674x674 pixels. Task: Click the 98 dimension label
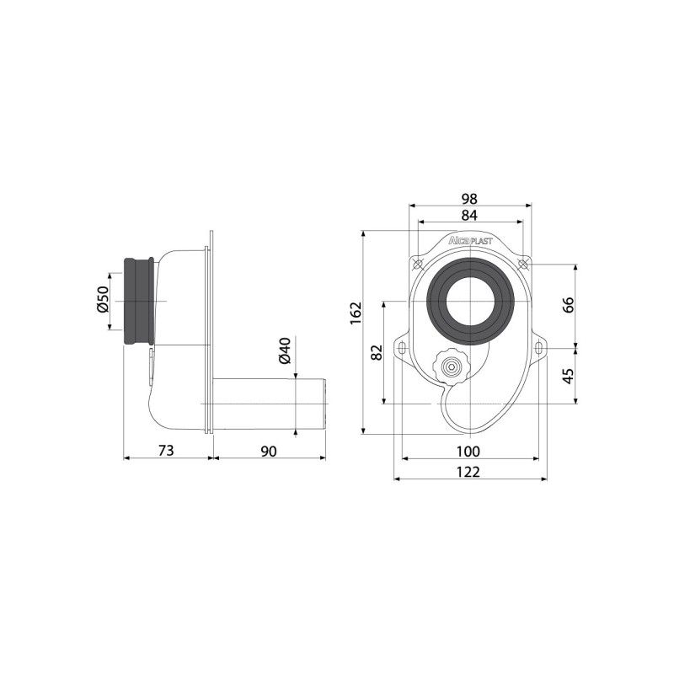click(469, 199)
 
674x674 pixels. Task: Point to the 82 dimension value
click(377, 351)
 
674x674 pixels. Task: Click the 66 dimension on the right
click(568, 304)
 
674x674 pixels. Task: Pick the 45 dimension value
click(568, 373)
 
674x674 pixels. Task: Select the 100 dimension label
click(468, 451)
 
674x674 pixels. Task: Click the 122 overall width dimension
click(468, 472)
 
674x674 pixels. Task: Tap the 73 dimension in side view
click(166, 451)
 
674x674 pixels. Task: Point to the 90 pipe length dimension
click(268, 451)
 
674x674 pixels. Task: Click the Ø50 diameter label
click(103, 301)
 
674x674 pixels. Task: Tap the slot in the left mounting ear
click(403, 348)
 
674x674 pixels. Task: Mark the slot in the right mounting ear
click(537, 348)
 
